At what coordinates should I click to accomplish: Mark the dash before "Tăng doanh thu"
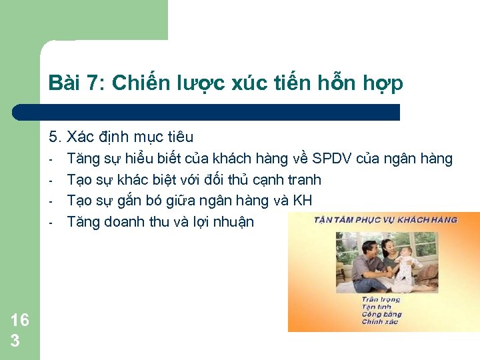51,222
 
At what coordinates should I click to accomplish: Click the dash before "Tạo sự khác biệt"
51,180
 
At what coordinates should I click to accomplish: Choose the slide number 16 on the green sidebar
20,320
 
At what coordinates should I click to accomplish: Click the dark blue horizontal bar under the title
207,112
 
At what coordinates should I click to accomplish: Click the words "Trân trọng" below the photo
380,300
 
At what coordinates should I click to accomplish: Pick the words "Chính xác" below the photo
380,322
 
